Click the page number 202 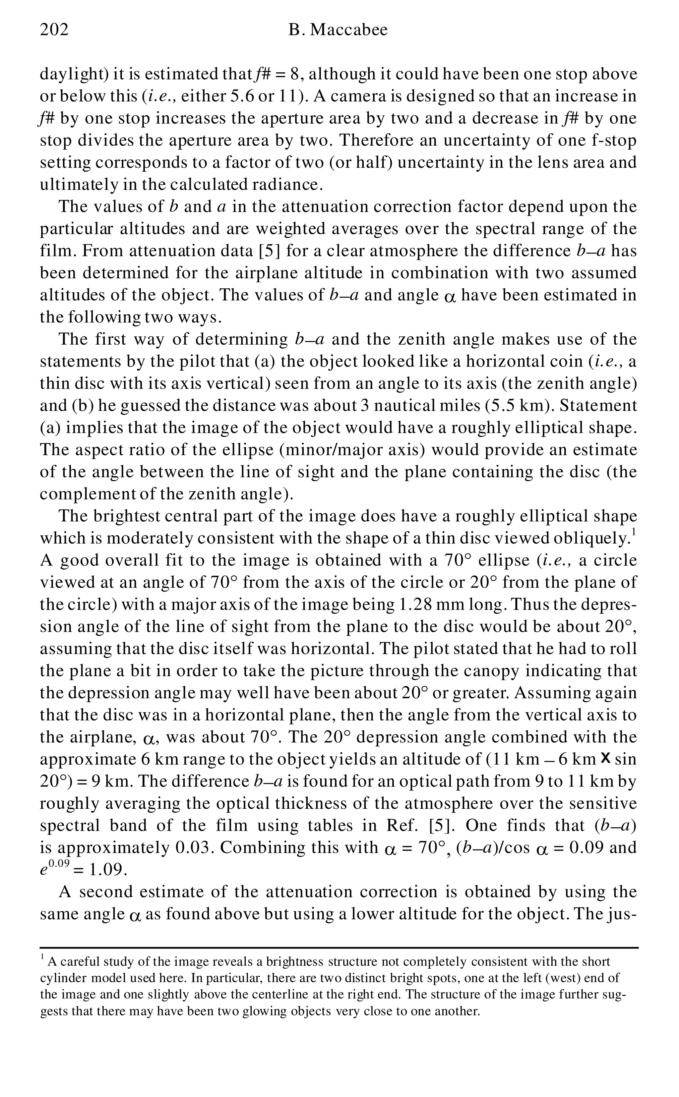click(x=54, y=30)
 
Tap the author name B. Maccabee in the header click(x=338, y=30)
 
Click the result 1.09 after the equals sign click(x=105, y=870)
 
